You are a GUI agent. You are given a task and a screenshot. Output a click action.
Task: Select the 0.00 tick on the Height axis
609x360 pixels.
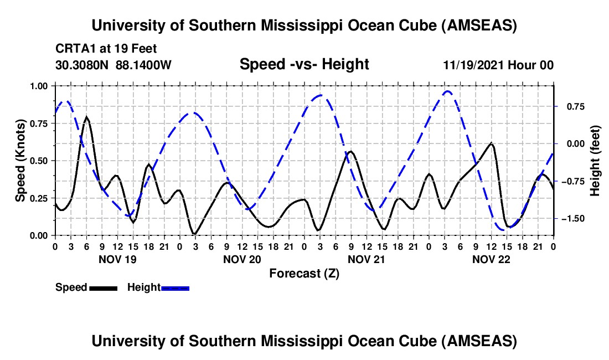coord(571,143)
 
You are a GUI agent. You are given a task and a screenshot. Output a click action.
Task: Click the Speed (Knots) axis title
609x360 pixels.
coord(20,160)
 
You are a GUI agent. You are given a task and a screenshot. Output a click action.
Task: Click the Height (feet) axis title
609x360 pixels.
coord(595,161)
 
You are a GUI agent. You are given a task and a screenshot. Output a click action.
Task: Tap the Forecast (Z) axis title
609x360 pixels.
coord(304,273)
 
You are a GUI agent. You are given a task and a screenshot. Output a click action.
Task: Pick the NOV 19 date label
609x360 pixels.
coord(116,259)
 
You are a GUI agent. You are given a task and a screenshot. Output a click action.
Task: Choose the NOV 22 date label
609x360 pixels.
coord(491,259)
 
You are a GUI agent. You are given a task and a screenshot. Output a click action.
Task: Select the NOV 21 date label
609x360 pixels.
coord(366,259)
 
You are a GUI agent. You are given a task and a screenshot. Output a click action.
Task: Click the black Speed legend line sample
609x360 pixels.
coord(103,287)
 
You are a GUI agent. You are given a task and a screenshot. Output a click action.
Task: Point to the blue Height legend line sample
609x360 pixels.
coord(176,287)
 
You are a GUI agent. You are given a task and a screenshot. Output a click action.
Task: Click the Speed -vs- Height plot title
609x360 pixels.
coord(304,65)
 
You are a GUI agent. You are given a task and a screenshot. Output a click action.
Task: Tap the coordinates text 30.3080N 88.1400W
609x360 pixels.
coord(113,65)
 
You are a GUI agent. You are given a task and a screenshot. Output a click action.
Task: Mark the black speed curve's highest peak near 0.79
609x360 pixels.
coord(86,117)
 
